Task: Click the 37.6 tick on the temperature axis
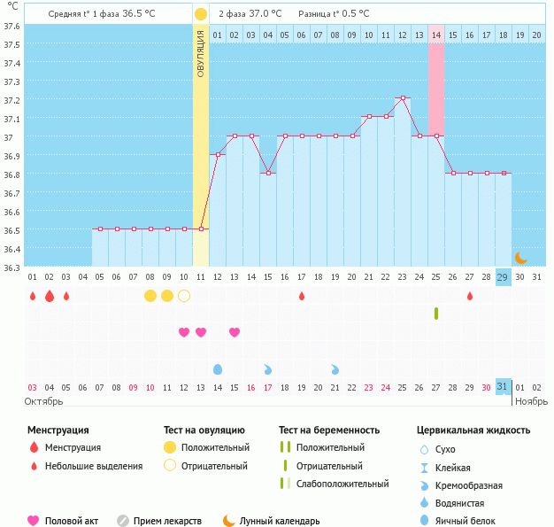(12, 26)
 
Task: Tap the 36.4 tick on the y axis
(12, 249)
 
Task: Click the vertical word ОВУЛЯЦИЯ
(201, 53)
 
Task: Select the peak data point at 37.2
(403, 98)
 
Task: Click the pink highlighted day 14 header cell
(436, 35)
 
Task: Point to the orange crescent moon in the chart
(521, 258)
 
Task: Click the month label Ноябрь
(531, 401)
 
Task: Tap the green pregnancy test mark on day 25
(436, 314)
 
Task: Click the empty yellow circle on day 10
(184, 296)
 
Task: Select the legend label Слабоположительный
(342, 484)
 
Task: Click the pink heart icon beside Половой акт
(34, 521)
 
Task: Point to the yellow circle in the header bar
(201, 14)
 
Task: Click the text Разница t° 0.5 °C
(334, 14)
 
